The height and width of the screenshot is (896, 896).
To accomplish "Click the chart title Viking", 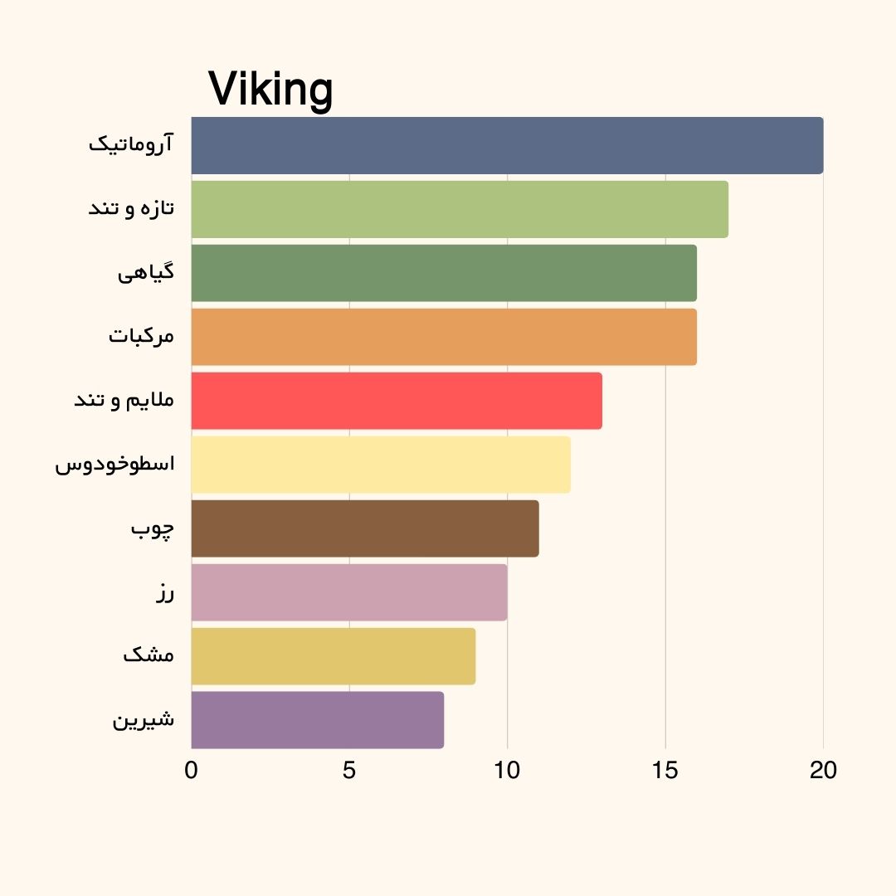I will tap(270, 88).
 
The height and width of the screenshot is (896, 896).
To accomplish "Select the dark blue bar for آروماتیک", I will tap(507, 145).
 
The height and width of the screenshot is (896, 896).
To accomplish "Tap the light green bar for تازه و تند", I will tap(460, 209).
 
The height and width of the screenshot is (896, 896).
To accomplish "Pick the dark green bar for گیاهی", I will tap(444, 273).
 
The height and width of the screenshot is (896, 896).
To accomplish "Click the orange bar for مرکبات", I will tap(444, 337).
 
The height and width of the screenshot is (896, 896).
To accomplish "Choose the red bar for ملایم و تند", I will tap(397, 401).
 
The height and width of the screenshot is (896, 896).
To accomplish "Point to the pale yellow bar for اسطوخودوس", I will tap(381, 465).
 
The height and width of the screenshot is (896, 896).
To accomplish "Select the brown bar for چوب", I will tap(365, 528).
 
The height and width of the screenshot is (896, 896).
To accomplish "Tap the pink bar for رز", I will tap(349, 592).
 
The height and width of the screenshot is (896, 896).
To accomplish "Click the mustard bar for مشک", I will tap(334, 656).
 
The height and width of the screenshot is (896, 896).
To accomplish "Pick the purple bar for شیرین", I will tap(318, 720).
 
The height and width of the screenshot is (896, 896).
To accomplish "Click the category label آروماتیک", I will tap(132, 144).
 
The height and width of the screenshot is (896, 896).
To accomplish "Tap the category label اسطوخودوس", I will tap(115, 464).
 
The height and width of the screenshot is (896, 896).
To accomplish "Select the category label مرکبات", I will tap(142, 337).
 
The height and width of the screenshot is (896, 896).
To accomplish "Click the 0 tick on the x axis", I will tap(192, 771).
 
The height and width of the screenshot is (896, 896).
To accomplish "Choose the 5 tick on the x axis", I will tap(349, 771).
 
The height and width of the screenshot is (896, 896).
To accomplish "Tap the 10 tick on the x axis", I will tap(507, 771).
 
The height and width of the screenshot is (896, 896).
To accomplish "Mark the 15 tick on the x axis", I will tap(665, 771).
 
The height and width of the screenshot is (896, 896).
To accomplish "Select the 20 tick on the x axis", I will tap(823, 771).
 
